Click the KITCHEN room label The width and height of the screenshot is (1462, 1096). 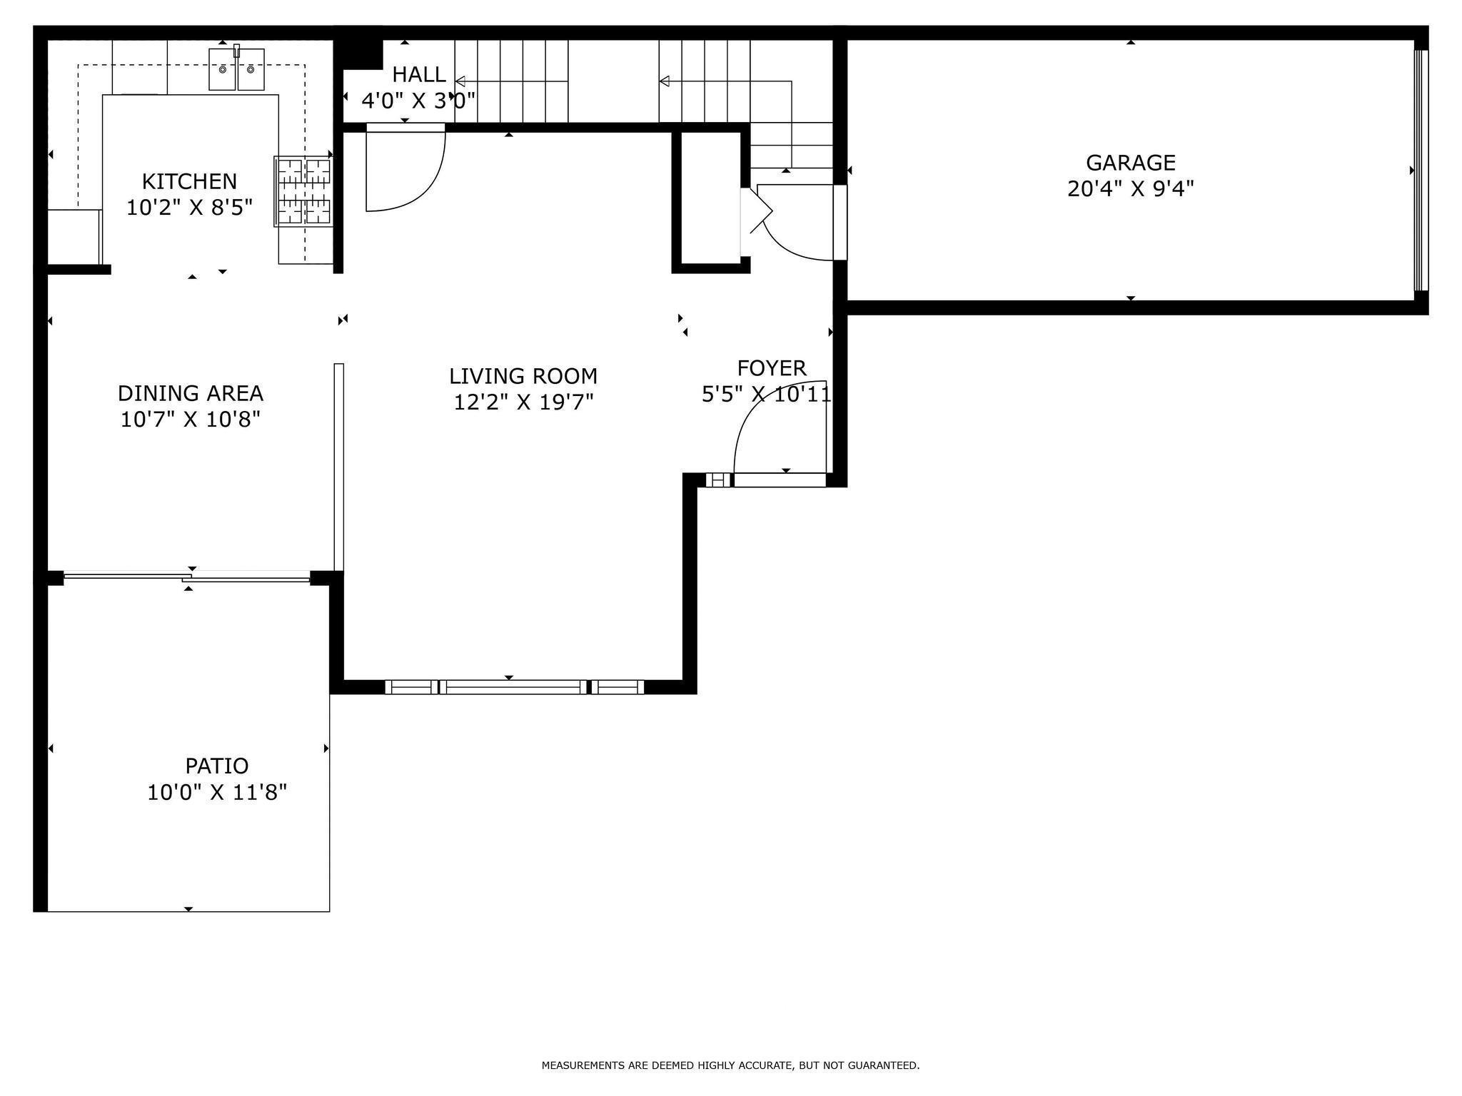[x=189, y=181]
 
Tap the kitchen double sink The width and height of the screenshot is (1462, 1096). [x=236, y=70]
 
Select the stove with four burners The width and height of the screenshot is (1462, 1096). [x=304, y=191]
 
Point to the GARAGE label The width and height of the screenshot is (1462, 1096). [x=1130, y=163]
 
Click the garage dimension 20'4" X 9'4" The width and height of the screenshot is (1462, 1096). [x=1130, y=189]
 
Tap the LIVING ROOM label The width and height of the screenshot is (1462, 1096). [x=523, y=376]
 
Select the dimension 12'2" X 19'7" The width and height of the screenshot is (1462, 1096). [x=523, y=402]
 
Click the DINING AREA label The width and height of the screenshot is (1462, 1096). [x=190, y=393]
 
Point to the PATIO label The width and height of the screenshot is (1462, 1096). [x=216, y=766]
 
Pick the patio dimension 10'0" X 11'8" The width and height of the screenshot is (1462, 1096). [x=216, y=792]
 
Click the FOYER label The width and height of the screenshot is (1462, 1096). [x=771, y=368]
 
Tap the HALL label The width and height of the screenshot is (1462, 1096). [x=418, y=74]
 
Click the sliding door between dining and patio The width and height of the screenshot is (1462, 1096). [x=187, y=577]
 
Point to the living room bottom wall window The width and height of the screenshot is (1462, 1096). [x=514, y=686]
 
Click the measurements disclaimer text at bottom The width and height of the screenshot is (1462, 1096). [x=730, y=1065]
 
